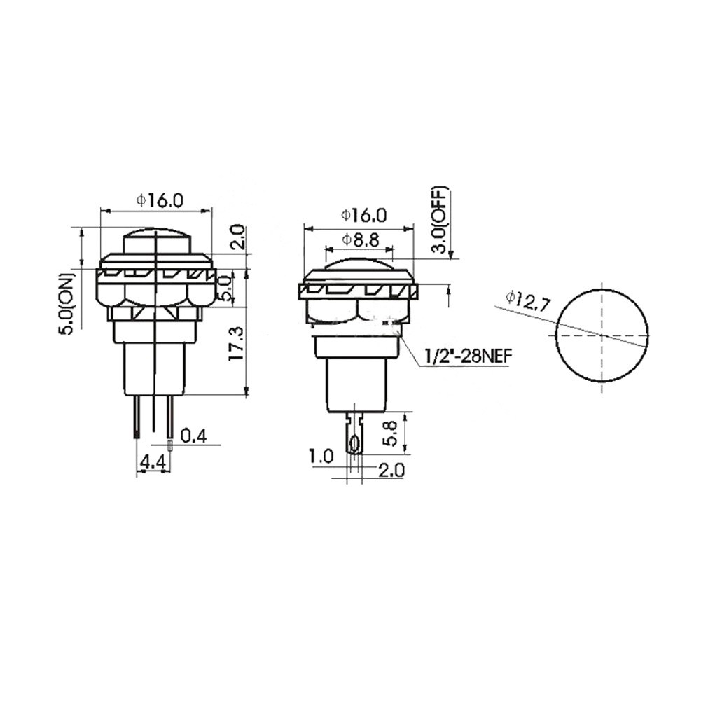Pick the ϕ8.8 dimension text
click(x=360, y=240)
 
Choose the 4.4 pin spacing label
click(x=153, y=462)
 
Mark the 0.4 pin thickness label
click(x=193, y=436)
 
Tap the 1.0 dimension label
click(x=321, y=457)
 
